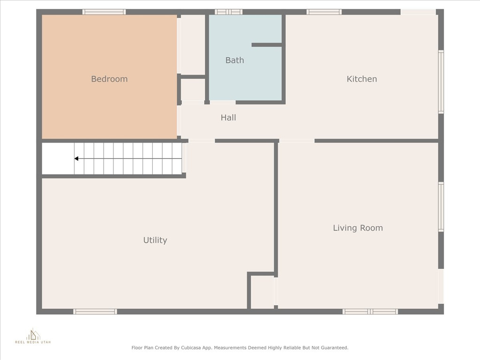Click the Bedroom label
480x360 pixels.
point(109,79)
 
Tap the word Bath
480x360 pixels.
point(235,60)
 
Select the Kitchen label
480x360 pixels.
point(361,79)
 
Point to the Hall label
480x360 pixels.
point(228,118)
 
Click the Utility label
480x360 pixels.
point(155,240)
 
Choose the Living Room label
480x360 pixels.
point(358,228)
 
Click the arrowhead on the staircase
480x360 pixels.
point(76,158)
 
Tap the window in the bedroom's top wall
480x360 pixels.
point(104,12)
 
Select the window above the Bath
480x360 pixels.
point(228,12)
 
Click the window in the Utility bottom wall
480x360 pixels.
point(95,312)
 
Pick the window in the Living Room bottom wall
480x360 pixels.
point(370,312)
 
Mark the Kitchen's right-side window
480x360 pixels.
point(441,82)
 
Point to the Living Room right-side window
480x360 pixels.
point(441,207)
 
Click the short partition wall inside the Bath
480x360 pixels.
point(267,45)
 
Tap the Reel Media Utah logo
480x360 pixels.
point(33,336)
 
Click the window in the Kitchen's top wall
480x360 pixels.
point(324,12)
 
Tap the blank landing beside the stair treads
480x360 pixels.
point(58,158)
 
